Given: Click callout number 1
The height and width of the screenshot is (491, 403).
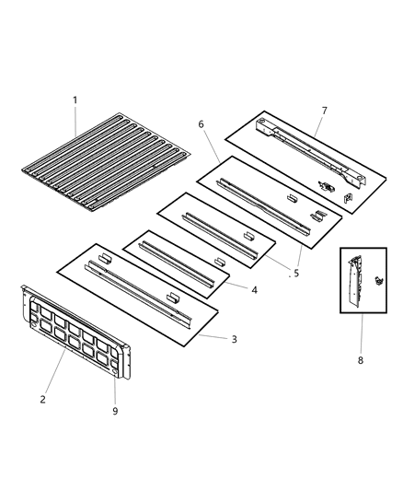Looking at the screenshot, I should (75, 99).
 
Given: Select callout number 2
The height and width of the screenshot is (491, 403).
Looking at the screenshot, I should (43, 399).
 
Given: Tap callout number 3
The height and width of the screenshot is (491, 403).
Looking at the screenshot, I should (234, 339).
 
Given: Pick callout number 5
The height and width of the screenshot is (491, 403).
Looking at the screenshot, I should (295, 273).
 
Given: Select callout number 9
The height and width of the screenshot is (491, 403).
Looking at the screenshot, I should (115, 411).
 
